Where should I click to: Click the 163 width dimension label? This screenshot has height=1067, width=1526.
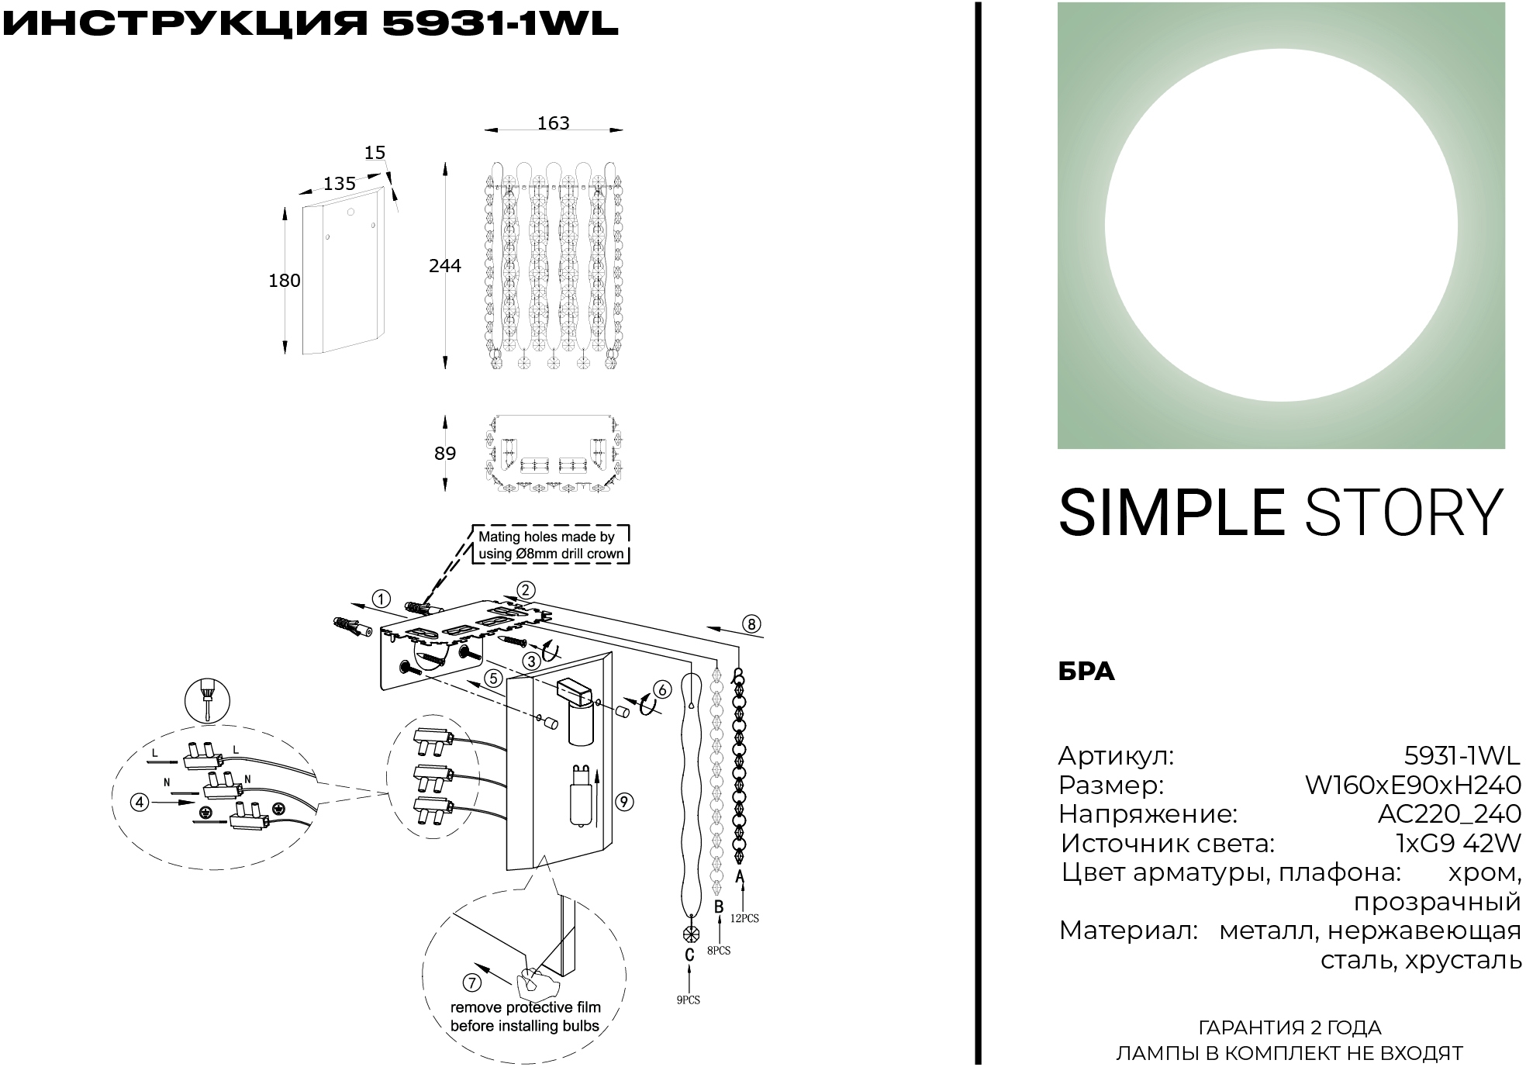(x=553, y=123)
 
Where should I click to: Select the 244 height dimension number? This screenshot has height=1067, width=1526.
(x=444, y=266)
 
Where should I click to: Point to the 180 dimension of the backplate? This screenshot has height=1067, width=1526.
(x=284, y=281)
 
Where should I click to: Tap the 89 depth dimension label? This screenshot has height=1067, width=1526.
(x=444, y=453)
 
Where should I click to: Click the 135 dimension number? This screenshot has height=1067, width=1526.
(x=339, y=184)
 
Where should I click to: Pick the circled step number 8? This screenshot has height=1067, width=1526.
(x=751, y=623)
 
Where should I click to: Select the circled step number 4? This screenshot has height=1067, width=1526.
(x=140, y=802)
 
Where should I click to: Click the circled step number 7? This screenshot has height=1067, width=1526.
(x=471, y=982)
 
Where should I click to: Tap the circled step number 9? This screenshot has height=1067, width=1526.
(x=624, y=802)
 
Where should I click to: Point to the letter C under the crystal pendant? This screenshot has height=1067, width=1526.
(x=689, y=955)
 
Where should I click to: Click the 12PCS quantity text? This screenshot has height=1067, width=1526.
(x=744, y=918)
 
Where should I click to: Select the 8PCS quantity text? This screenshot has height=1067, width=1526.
(x=718, y=951)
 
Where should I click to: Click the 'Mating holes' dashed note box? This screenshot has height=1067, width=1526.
(x=550, y=545)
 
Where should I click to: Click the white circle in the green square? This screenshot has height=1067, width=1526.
(x=1280, y=226)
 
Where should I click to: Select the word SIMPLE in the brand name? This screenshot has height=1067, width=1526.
(x=1171, y=513)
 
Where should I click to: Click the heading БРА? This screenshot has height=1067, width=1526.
(x=1086, y=672)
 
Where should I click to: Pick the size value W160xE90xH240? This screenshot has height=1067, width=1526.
(x=1413, y=786)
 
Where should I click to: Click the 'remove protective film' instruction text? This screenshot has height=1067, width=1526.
(x=526, y=1017)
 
